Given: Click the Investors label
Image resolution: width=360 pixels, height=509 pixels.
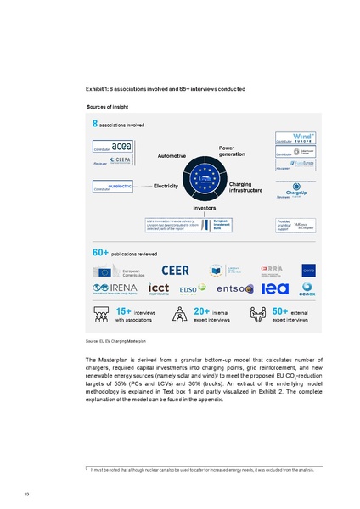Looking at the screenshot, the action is coord(205,208).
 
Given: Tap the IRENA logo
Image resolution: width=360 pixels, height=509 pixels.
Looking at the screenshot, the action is coord(113,290).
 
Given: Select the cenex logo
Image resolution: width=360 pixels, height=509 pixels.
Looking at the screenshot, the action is coord(308,289).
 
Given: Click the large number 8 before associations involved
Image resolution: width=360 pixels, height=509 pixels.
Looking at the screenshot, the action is coord(95,124).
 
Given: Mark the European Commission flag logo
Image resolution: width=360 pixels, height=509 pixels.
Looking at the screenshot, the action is coord(105,271).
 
